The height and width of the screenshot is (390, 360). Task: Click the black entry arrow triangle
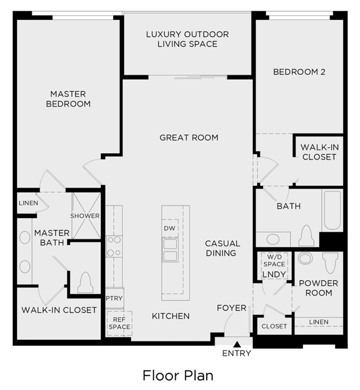tap(237, 344)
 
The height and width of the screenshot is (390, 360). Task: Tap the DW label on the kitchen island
tap(170, 228)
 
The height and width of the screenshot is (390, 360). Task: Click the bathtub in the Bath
tap(332, 210)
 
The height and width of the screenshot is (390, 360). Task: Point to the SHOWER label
tap(85, 216)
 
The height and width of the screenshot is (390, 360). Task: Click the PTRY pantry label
tap(114, 298)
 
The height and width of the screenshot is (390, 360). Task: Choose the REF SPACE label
tap(119, 323)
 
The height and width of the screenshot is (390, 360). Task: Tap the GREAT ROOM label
tap(189, 138)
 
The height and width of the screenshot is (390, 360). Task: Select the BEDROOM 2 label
tap(299, 72)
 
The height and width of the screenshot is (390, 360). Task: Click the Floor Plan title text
tap(178, 375)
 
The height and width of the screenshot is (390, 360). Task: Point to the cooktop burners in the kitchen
tap(114, 246)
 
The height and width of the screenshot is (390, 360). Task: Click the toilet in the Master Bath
tap(85, 282)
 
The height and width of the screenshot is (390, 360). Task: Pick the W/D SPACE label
tap(274, 260)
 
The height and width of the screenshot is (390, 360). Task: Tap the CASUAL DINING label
tap(223, 248)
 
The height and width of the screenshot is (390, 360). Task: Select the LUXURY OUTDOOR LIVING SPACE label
tap(188, 39)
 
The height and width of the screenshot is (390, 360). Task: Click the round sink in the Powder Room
tap(305, 259)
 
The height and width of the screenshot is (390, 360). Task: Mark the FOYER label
tap(232, 308)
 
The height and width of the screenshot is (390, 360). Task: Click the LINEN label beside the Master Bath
tap(29, 203)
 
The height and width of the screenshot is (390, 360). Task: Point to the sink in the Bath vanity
tap(273, 240)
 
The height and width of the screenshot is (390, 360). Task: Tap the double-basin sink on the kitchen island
tap(170, 250)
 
